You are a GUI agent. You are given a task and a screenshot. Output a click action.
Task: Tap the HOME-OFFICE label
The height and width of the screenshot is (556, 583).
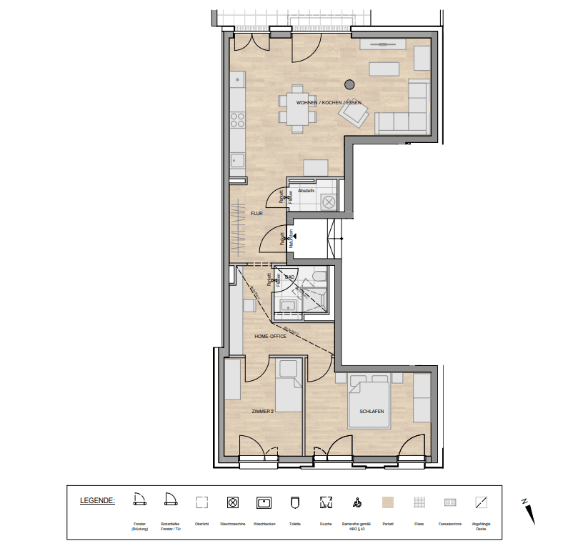click(x=271, y=336)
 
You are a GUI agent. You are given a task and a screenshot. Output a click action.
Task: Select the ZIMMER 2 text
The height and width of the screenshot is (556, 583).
click(x=262, y=412)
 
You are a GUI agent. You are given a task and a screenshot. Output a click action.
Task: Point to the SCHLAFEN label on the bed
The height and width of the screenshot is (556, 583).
click(x=372, y=412)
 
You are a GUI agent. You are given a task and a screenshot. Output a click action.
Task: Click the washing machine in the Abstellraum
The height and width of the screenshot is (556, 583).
click(x=329, y=202)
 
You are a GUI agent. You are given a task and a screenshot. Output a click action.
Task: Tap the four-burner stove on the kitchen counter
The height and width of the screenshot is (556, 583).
click(x=236, y=121)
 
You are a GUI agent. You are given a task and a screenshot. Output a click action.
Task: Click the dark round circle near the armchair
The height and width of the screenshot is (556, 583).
click(x=349, y=84)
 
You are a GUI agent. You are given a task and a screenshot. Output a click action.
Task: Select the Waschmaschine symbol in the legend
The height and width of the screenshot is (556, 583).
click(x=232, y=502)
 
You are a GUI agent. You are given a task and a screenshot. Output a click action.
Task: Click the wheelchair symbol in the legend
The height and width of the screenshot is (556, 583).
click(x=357, y=502)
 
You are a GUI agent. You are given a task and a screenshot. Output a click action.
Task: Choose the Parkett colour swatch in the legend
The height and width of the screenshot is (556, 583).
click(x=388, y=502)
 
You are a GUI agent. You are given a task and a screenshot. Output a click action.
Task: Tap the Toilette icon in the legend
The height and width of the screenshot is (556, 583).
click(x=294, y=502)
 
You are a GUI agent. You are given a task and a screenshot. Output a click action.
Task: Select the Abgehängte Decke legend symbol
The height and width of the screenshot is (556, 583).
click(x=481, y=502)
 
